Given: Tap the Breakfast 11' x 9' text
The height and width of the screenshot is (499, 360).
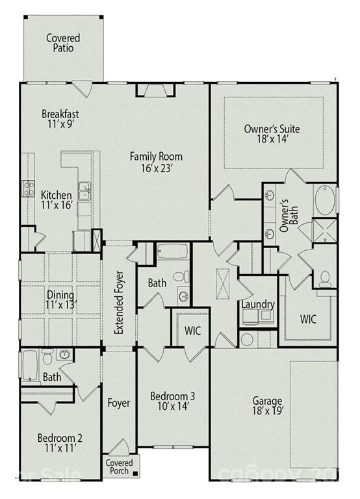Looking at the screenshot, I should [x=60, y=119].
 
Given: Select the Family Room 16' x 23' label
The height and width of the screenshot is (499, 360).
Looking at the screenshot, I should [x=155, y=162].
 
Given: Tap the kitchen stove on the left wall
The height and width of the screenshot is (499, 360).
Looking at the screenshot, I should [x=29, y=188].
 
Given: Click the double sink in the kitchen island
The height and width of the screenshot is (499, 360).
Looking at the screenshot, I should [x=84, y=192].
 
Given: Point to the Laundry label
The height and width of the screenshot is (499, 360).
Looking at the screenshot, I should [x=257, y=305].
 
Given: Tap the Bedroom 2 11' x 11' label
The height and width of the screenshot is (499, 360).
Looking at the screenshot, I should [x=60, y=442].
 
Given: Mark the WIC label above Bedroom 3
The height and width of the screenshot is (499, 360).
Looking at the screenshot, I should [x=193, y=330].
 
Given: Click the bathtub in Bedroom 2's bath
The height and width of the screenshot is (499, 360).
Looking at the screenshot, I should [x=30, y=365].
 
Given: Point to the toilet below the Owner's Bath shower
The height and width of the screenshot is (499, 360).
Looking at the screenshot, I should [x=324, y=277].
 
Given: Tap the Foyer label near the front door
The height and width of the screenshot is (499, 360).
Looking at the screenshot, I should [x=118, y=403].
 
